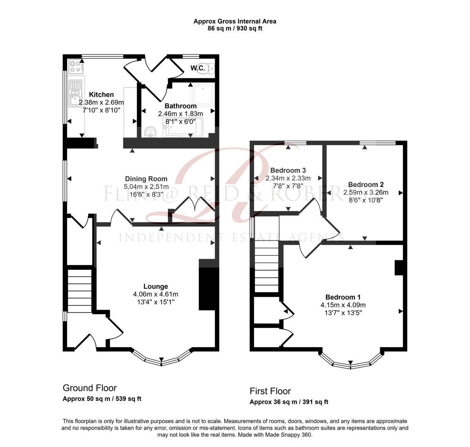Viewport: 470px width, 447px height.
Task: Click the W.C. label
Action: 198,68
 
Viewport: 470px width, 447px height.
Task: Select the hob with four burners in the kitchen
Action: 75,66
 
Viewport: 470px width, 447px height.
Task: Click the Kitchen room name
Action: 101,95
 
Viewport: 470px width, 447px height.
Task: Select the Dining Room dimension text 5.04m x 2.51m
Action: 146,186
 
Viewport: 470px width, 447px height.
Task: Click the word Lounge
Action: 155,286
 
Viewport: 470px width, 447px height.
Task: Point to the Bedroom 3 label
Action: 288,171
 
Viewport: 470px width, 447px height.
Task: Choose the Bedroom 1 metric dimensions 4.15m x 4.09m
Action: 343,305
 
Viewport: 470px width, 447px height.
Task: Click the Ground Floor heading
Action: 90,388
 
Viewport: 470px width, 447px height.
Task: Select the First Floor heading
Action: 270,391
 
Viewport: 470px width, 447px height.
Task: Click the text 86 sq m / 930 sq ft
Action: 235,29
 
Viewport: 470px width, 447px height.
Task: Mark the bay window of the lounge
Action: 162,359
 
